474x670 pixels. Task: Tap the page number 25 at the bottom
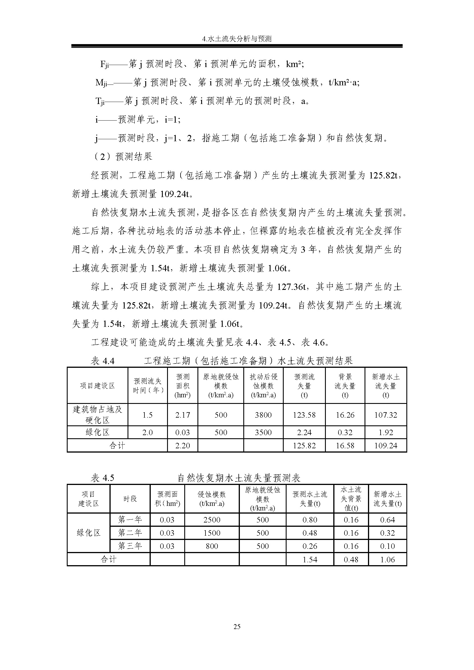237,626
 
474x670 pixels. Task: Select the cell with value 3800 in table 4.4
263,415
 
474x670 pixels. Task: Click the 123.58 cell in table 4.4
304,415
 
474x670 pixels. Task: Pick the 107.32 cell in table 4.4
385,415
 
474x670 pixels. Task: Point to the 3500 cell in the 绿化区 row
263,433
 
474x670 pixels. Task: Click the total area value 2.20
183,446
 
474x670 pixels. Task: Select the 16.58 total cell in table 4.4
345,446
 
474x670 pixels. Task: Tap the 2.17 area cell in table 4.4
183,415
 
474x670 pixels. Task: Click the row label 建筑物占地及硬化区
97,415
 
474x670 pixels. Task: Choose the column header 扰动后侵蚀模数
263,386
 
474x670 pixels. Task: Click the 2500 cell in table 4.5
211,520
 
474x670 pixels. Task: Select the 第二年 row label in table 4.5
130,533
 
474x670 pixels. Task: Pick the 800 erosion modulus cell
211,546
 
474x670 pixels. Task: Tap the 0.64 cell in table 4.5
387,520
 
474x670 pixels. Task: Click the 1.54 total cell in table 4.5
310,559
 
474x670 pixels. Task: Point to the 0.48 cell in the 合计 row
351,559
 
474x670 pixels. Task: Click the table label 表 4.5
102,478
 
